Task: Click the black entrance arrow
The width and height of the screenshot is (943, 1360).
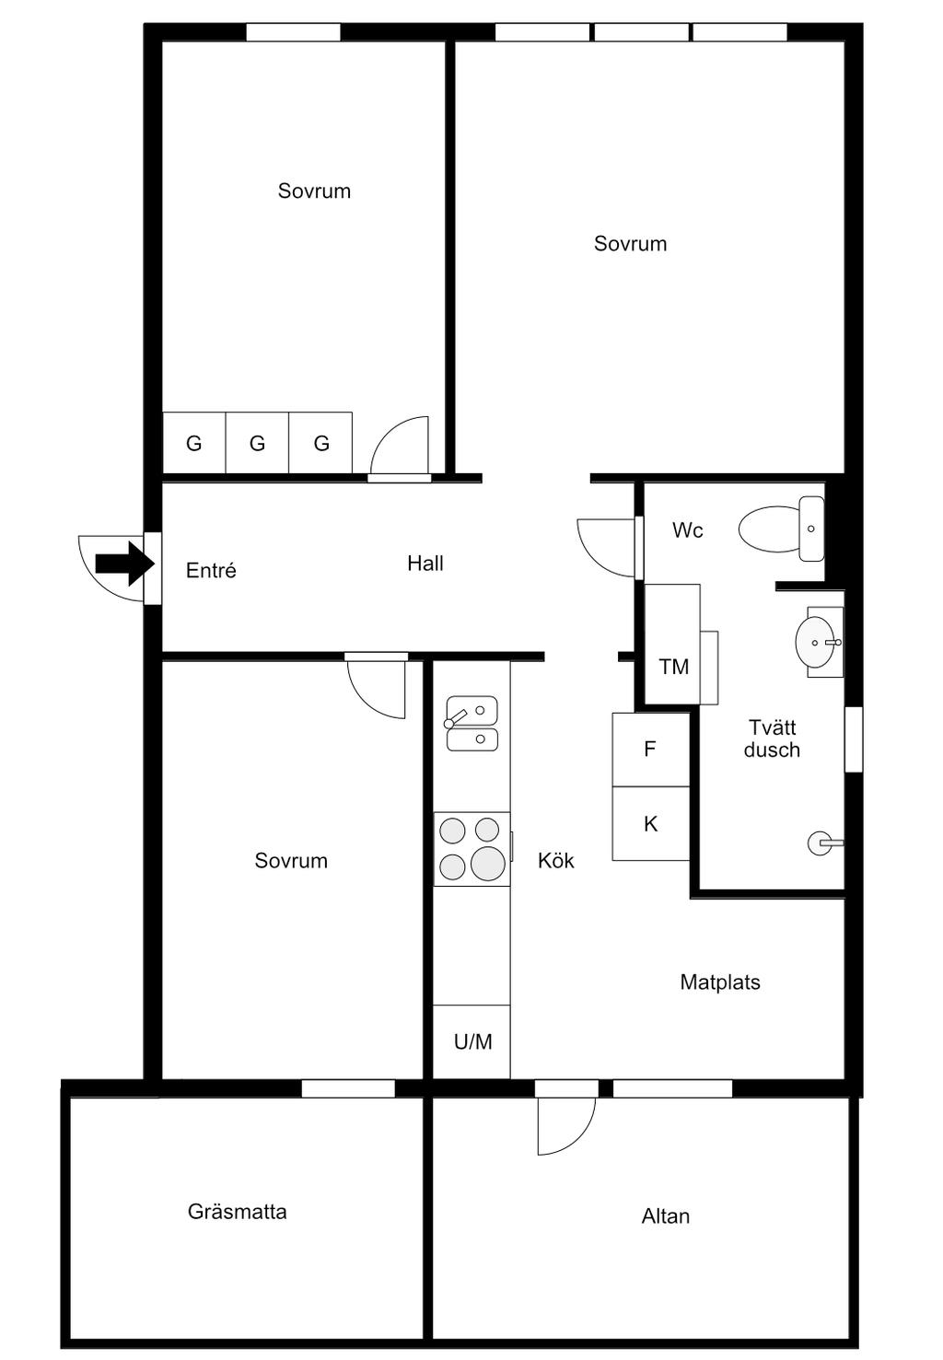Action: [x=124, y=564]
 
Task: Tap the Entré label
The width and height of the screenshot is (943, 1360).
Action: [x=211, y=570]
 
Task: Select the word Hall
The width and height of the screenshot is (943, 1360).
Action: [x=425, y=564]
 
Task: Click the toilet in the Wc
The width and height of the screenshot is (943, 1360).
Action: [x=781, y=529]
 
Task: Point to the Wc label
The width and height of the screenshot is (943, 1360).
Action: [x=687, y=530]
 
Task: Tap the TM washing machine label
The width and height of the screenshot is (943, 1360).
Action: [x=673, y=667]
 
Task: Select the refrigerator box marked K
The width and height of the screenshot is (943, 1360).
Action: [x=650, y=824]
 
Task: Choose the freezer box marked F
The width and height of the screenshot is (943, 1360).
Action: [x=650, y=750]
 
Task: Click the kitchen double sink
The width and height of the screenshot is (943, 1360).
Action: [x=471, y=723]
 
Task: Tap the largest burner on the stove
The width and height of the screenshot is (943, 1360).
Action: [x=487, y=864]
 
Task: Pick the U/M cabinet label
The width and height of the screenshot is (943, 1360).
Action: [x=472, y=1041]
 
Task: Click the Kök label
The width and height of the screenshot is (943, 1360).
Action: [x=555, y=860]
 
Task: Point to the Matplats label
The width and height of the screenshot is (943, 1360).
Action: [x=719, y=982]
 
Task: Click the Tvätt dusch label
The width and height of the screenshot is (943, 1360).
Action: [x=772, y=738]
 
